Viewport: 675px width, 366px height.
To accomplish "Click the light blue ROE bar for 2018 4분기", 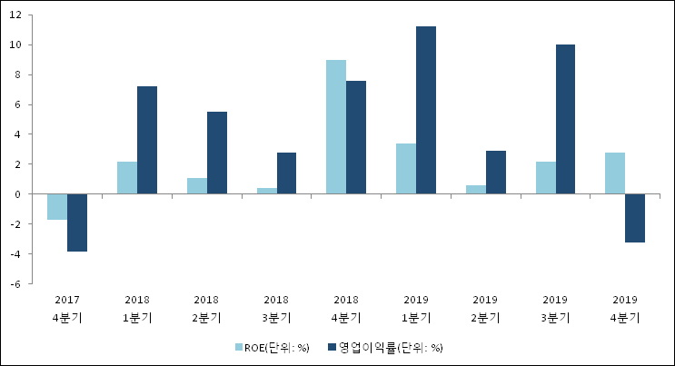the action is pos(336,127).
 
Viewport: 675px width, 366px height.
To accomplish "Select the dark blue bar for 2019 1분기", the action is pos(426,110).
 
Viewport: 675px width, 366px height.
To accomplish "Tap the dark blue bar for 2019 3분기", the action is pos(565,119).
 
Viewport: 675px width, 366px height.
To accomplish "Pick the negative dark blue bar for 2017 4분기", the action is pos(77,223).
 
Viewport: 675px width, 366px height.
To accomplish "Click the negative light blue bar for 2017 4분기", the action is pos(57,207).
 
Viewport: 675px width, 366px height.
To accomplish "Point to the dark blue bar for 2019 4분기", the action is pos(635,218).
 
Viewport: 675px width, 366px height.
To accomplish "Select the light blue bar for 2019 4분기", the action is pos(615,173).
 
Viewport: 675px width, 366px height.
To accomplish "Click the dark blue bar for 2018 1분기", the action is pos(147,140).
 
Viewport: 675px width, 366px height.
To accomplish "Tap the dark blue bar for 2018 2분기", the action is pos(217,153).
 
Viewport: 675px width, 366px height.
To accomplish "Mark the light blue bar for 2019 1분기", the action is pos(406,169).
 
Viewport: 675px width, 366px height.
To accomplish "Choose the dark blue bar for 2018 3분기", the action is pos(287,173).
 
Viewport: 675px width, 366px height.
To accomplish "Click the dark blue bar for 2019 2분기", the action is pos(496,173).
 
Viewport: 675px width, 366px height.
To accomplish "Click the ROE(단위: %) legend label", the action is pos(277,348).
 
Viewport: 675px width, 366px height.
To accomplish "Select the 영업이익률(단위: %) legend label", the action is pos(391,348).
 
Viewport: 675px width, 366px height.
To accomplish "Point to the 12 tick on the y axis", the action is pos(15,15).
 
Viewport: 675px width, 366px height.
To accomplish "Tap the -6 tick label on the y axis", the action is pos(15,284).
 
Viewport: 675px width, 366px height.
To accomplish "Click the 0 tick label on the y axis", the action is pos(17,194).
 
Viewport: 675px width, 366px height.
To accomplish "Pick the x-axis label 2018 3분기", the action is pos(276,309).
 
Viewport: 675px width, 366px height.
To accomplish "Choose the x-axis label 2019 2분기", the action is pos(485,309).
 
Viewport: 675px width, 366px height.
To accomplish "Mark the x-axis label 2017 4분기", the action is pos(67,309).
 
